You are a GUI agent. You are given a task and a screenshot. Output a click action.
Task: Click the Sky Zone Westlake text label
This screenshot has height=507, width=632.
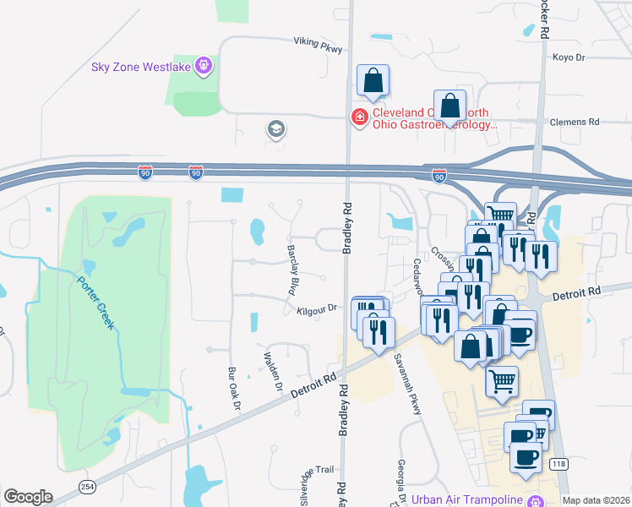click(x=142, y=66)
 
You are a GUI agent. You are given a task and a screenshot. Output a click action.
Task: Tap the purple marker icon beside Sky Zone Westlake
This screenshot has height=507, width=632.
click(x=203, y=65)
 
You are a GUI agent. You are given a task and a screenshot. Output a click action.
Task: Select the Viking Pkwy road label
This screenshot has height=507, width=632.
click(x=318, y=45)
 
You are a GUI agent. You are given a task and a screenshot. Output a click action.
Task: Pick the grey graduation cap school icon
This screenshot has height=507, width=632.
click(x=275, y=129)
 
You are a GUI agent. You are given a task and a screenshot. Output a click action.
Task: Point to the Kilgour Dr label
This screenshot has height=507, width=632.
click(x=317, y=310)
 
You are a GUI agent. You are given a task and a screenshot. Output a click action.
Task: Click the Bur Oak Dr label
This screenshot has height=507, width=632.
click(x=234, y=387)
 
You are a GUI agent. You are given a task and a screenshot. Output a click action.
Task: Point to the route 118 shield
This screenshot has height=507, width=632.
click(x=558, y=464)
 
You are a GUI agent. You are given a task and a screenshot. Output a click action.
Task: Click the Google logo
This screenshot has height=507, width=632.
click(x=28, y=497)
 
